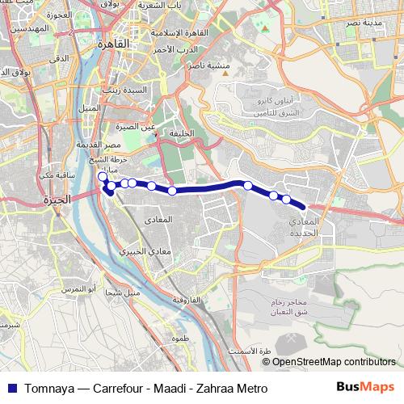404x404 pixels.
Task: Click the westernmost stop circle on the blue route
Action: pos(102,177)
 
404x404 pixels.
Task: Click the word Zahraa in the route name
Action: pos(216,386)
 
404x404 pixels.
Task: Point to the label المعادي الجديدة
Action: pos(307,226)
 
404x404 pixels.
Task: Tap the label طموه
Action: pos(179,340)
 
